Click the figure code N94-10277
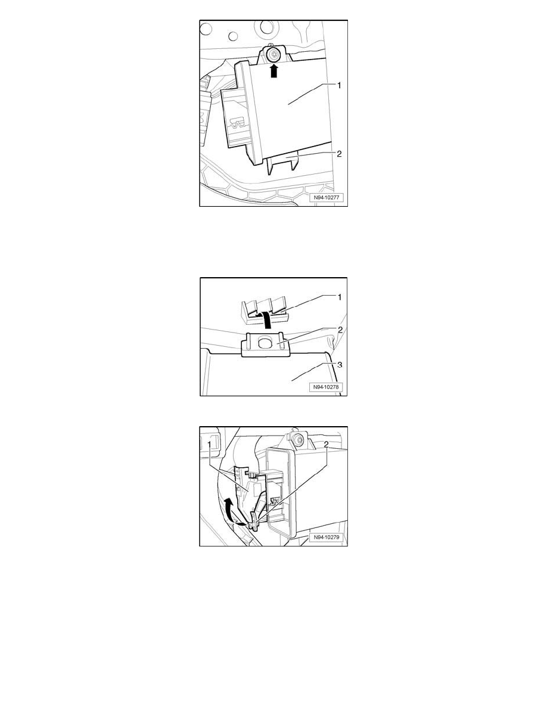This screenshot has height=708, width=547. pos(327,198)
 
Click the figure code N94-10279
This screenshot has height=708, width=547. pos(327,538)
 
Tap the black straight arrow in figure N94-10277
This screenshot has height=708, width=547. pos(273,70)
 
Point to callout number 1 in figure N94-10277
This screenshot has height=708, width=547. pos(339,85)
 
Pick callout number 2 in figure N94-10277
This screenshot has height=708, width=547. pos(339,154)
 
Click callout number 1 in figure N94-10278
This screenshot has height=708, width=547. pos(340,297)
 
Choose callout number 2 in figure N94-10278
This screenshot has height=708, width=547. pos(340,330)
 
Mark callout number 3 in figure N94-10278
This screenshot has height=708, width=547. pos(340,364)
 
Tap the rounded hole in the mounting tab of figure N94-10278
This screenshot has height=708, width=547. pos(263,345)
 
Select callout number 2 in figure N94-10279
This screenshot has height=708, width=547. pos(326,444)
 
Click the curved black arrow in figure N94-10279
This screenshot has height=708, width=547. pos(232,510)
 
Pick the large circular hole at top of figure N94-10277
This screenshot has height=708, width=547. pos(206,29)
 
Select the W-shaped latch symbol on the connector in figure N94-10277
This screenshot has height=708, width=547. pos(238,123)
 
